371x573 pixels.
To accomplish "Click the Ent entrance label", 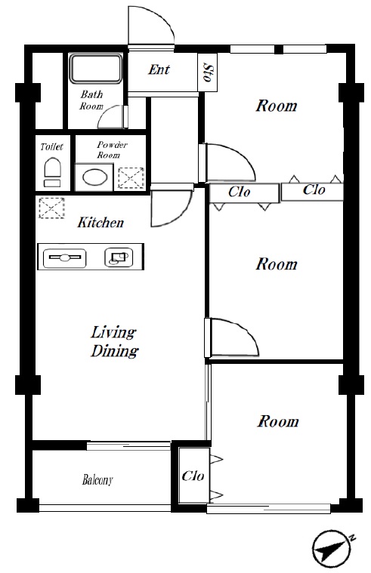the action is point(159,69).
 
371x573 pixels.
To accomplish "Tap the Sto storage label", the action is point(208,73).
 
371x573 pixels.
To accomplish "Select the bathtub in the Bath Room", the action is point(95,69).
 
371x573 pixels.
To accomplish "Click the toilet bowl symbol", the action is point(52,172).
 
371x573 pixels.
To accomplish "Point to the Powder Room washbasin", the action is point(94,177).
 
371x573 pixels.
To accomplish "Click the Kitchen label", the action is point(100,222).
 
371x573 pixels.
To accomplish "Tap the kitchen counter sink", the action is point(65,258).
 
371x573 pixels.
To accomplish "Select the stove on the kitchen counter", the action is point(119,257).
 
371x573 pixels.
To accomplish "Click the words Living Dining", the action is point(114,341).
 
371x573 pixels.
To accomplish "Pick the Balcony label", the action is point(97,479).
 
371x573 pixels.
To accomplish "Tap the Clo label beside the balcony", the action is point(193,476).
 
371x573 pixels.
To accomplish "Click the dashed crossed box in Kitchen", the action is point(51,208).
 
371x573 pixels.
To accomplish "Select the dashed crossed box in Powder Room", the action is point(131,178).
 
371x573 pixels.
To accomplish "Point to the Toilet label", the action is point(51,147).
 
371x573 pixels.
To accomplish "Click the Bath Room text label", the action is point(91,100).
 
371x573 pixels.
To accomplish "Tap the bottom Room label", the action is point(278,421).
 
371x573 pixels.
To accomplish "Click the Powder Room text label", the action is point(112,149).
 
